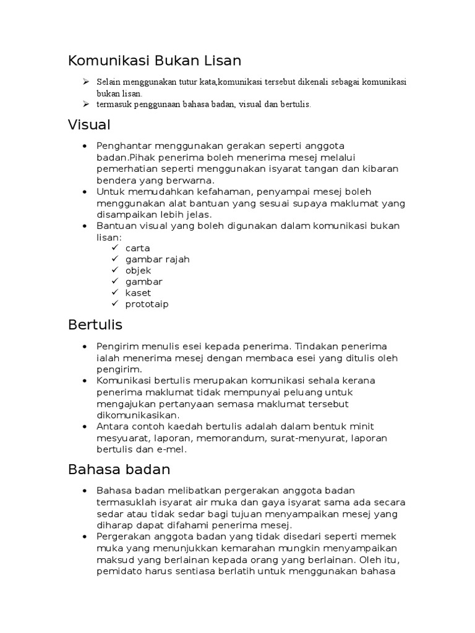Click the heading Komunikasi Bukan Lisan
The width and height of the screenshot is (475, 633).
[154, 61]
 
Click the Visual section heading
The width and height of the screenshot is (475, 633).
[89, 125]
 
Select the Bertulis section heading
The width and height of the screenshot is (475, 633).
[95, 325]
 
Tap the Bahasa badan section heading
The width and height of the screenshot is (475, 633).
[119, 470]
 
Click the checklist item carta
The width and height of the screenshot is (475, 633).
[137, 248]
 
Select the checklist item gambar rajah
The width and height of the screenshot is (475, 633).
[157, 259]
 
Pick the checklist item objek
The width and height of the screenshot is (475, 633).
[138, 270]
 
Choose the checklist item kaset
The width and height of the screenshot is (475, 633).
[138, 292]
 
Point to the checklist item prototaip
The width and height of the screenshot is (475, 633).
[147, 304]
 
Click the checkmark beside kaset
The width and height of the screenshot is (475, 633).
[115, 292]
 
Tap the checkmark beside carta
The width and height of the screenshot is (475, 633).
[115, 248]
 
